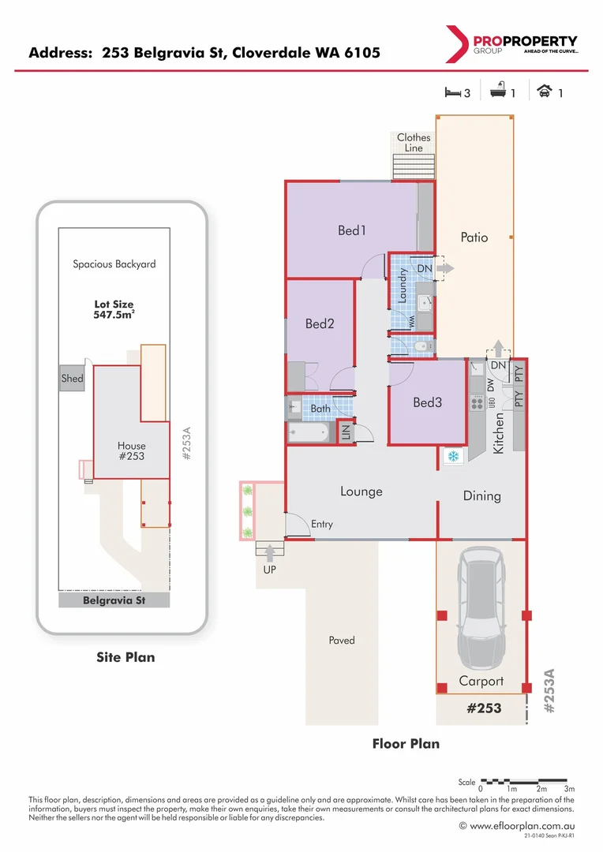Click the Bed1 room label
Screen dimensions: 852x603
pyautogui.click(x=352, y=230)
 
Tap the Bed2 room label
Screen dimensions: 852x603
pyautogui.click(x=320, y=323)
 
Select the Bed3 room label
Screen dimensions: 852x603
pyautogui.click(x=427, y=402)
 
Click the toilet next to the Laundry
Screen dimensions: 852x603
pyautogui.click(x=422, y=346)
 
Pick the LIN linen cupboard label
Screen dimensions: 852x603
pyautogui.click(x=345, y=432)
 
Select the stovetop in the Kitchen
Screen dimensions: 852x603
pyautogui.click(x=477, y=403)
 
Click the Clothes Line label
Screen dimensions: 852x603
pyautogui.click(x=414, y=142)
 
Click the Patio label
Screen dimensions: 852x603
pyautogui.click(x=474, y=237)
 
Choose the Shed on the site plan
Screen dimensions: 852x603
pyautogui.click(x=72, y=379)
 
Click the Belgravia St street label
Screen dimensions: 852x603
pyautogui.click(x=114, y=600)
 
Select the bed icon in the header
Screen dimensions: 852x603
pyautogui.click(x=451, y=92)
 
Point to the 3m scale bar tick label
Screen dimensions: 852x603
pyautogui.click(x=569, y=789)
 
